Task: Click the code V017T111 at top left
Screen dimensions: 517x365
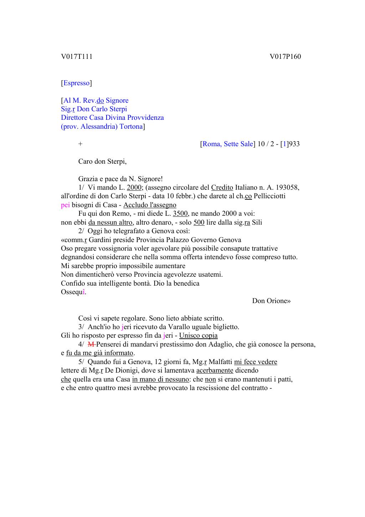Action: click(77, 57)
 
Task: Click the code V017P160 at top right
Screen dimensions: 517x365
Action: click(285, 57)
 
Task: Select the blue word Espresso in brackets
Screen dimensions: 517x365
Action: click(76, 83)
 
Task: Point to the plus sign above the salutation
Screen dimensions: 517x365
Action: click(81, 144)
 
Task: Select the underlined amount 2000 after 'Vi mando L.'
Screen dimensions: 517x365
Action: click(134, 188)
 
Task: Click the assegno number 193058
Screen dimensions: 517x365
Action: click(287, 188)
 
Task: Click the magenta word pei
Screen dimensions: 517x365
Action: click(65, 205)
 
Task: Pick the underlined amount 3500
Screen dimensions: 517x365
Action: click(180, 214)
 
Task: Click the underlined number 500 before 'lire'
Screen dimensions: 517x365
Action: click(199, 222)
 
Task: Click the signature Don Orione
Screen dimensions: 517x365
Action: click(271, 301)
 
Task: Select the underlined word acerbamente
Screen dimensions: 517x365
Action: click(215, 370)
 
